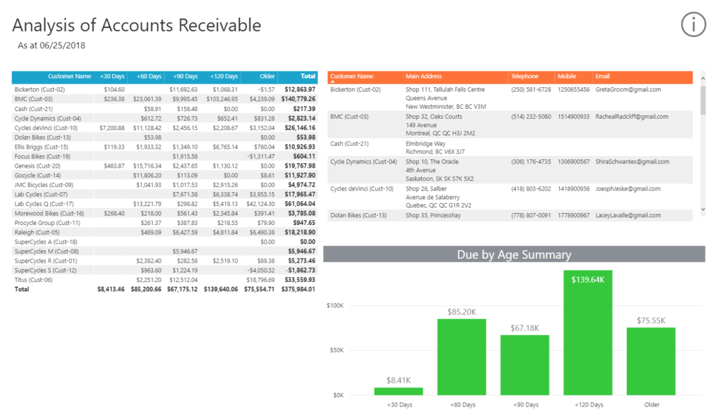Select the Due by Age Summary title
[x=514, y=255]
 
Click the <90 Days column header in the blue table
[x=185, y=76]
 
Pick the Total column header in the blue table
[x=307, y=76]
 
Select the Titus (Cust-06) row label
[x=33, y=279]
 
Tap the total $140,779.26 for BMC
[x=298, y=99]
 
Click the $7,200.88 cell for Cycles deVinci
[x=112, y=128]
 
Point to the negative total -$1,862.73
[x=298, y=270]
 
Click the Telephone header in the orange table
[x=524, y=76]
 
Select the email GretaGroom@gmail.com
[x=628, y=89]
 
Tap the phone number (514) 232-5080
[x=531, y=117]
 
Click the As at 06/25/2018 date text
[x=51, y=45]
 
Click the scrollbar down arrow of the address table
[x=702, y=209]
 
